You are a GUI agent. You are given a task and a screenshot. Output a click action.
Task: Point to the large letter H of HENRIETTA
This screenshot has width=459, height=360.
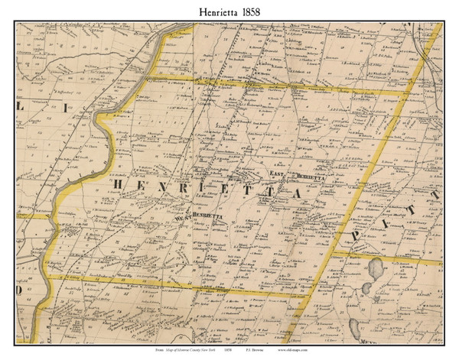coord(119,185)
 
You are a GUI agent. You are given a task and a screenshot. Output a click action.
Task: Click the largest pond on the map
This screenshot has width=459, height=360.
coord(374,269)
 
